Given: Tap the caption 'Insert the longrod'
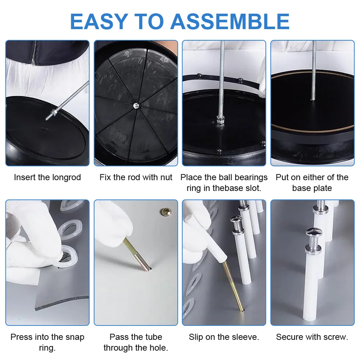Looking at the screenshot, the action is [47, 177].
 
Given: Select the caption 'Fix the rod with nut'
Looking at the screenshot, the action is [136, 177].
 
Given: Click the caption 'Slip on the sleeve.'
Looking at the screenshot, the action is [224, 337].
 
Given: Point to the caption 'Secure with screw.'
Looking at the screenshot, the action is [312, 337].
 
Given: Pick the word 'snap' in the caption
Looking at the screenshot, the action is [75, 337].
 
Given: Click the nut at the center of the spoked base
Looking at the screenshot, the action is [136, 106].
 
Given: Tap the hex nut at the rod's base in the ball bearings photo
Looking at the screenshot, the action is [220, 120].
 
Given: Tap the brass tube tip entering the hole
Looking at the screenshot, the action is [149, 269].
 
